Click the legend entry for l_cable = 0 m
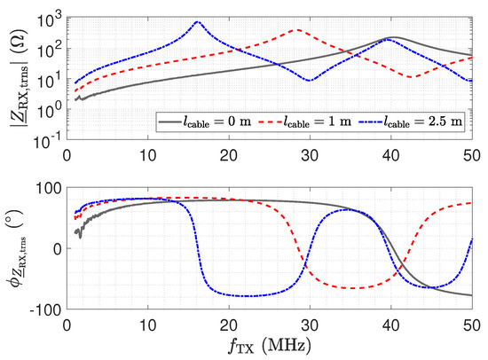point(205,121)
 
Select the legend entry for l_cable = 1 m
point(304,121)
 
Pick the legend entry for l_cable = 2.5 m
point(410,121)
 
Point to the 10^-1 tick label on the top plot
point(49,142)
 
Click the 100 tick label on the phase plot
point(49,188)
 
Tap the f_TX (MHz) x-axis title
point(270,346)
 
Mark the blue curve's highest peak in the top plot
point(197,21)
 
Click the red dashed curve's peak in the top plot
point(298,30)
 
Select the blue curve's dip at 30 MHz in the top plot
point(310,81)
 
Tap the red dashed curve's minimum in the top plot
point(412,76)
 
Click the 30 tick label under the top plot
point(310,155)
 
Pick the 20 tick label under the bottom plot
point(229,325)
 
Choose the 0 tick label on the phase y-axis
point(58,249)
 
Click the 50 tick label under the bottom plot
point(472,325)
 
